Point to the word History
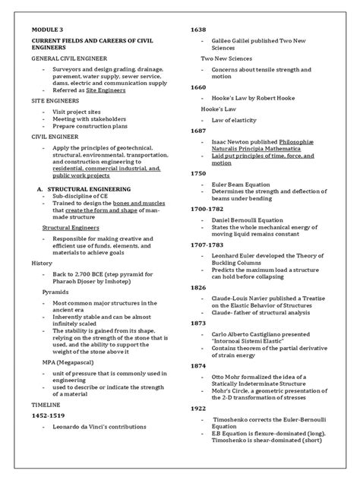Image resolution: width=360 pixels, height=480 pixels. (41, 263)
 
